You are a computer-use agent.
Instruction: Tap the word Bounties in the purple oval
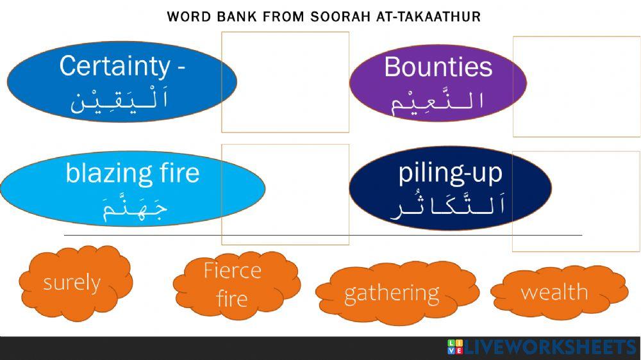[x=438, y=67]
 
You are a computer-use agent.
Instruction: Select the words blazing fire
[x=132, y=173]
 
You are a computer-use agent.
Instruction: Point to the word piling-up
[x=450, y=172]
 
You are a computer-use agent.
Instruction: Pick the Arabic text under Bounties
[x=437, y=101]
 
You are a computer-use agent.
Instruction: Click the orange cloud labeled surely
[x=72, y=282]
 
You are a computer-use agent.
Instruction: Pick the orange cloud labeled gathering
[x=392, y=293]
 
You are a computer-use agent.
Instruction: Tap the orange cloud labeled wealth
[x=554, y=292]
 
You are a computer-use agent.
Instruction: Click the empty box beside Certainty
[x=285, y=81]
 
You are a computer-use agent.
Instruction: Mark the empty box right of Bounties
[x=576, y=86]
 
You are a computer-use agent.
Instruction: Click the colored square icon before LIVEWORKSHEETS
[x=454, y=347]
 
